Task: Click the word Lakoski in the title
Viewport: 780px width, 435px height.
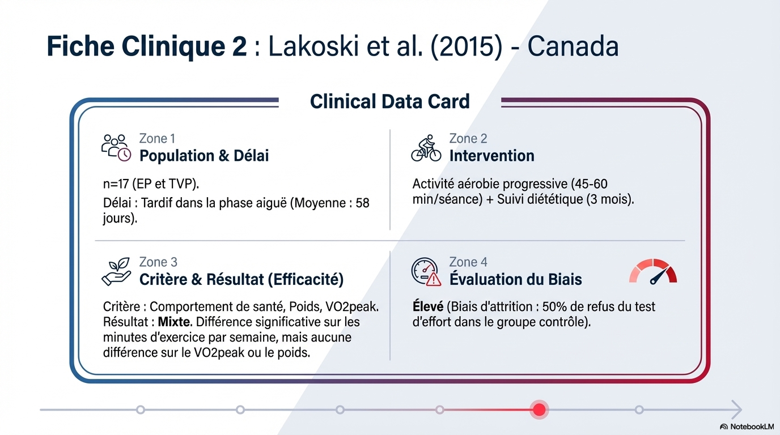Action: click(313, 46)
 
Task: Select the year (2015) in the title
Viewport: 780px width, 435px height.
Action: click(467, 47)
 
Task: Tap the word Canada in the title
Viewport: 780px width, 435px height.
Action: click(573, 46)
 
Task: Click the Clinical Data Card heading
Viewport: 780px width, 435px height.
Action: click(389, 101)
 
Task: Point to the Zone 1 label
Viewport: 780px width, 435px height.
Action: click(157, 139)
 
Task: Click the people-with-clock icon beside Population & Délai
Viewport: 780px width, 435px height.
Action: click(116, 148)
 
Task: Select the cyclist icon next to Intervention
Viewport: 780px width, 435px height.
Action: click(426, 148)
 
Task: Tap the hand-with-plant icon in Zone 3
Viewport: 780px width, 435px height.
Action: click(116, 272)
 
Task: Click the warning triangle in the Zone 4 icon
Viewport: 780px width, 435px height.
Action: click(434, 279)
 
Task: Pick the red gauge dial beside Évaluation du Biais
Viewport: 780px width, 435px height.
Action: click(653, 271)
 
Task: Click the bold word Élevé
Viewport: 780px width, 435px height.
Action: click(428, 306)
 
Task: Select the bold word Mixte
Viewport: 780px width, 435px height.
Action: click(175, 322)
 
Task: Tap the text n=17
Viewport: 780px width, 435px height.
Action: click(116, 184)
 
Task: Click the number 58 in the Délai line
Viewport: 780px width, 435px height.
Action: click(362, 203)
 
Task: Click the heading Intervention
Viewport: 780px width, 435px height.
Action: click(491, 156)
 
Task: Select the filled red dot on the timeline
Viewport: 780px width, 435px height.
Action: click(539, 410)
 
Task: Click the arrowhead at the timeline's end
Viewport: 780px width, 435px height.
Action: click(737, 410)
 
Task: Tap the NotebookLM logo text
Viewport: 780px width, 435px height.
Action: click(752, 427)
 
